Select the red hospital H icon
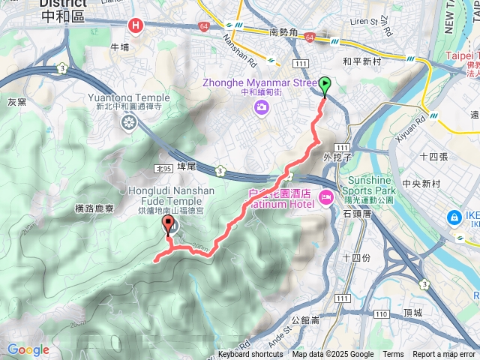tap(136, 26)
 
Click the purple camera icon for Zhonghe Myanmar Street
tap(261, 108)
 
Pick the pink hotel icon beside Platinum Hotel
tap(326, 197)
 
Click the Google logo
tap(28, 349)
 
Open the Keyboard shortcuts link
tap(250, 355)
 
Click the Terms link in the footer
tap(393, 355)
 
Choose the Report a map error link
tap(444, 355)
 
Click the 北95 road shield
tap(166, 169)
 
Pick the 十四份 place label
tap(356, 257)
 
